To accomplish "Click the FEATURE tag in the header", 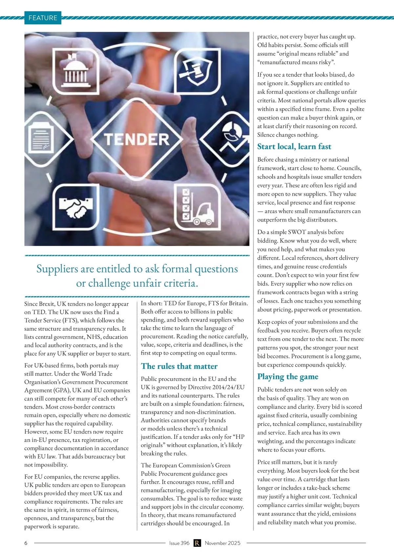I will pos(43,18).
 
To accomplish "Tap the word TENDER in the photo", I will pos(137,139).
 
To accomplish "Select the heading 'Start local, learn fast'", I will pos(294,146).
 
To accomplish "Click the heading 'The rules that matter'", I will pos(179,366).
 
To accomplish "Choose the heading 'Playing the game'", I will pos(288,377).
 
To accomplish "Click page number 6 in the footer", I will pos(26,543).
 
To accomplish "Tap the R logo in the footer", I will pos(197,543).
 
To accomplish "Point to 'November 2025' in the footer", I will pos(223,543).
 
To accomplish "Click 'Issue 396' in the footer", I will pos(179,543).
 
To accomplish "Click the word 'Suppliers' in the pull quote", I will pos(57,269).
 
